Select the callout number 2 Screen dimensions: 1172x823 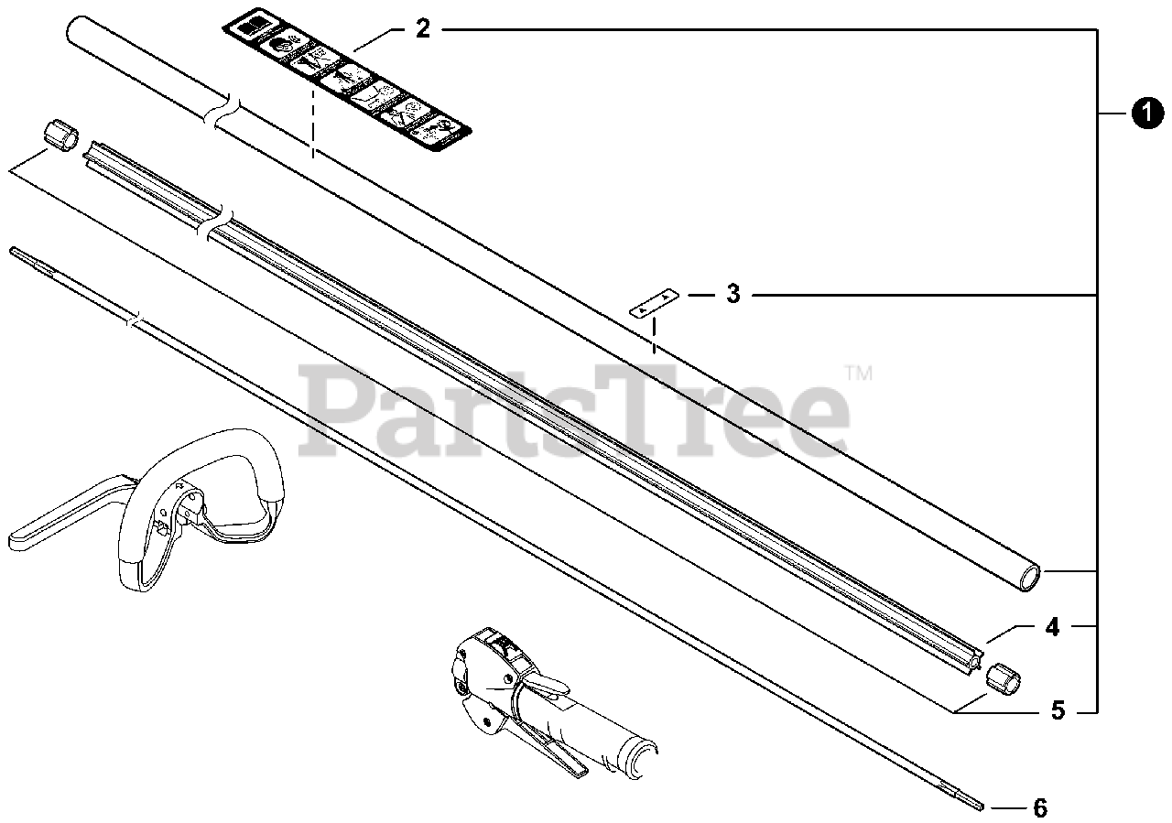(x=422, y=28)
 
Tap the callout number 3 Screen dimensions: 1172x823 (x=732, y=295)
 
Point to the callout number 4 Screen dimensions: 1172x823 (x=1052, y=628)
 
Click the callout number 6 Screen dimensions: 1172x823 (x=1039, y=808)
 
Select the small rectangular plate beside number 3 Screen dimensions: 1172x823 (x=653, y=303)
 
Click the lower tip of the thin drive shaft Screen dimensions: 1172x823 (x=980, y=806)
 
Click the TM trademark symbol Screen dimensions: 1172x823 (x=859, y=373)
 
